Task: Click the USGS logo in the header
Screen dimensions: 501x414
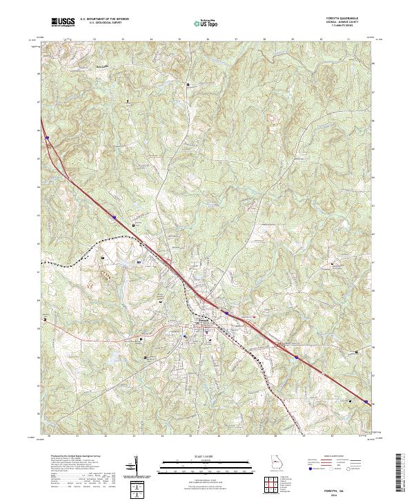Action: pyautogui.click(x=63, y=23)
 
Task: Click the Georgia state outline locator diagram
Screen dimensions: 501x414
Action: pyautogui.click(x=277, y=462)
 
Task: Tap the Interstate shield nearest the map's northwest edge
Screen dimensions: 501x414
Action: pyautogui.click(x=48, y=138)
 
